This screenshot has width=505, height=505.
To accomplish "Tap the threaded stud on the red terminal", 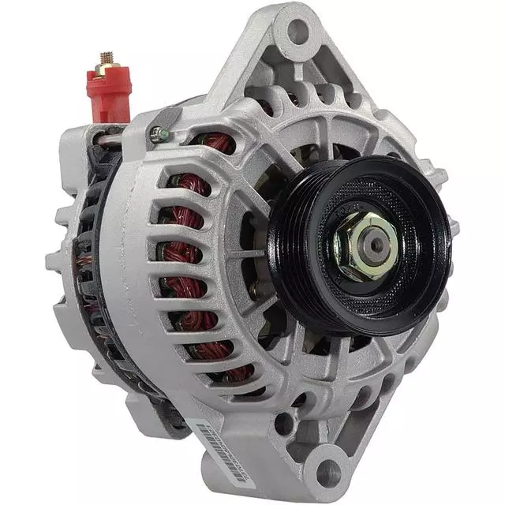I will pos(107,60).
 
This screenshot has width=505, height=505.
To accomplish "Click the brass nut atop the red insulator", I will pos(107,70).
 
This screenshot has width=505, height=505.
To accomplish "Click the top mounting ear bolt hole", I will pos(297,32).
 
